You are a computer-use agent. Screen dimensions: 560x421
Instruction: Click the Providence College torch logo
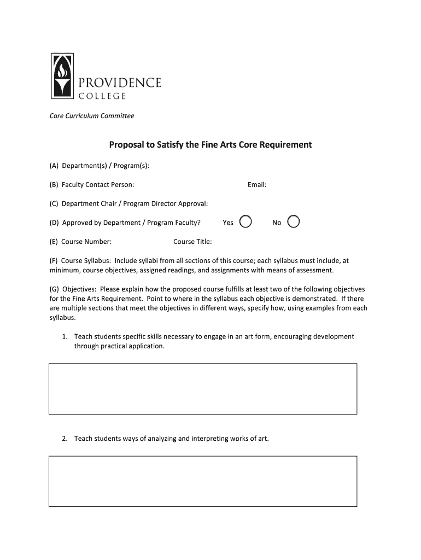click(61, 75)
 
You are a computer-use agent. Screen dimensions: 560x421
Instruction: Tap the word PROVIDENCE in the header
click(120, 83)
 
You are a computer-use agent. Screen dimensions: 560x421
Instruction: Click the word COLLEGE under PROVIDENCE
click(102, 96)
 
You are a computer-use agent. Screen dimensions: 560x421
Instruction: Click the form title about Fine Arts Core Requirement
click(210, 145)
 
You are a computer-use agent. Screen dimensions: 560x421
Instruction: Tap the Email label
click(256, 185)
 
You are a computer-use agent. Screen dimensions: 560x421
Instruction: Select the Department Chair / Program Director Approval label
click(128, 203)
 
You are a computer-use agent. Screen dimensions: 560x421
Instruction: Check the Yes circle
click(246, 221)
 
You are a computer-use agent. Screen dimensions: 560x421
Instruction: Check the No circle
click(294, 221)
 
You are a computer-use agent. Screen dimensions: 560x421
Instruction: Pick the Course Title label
click(192, 242)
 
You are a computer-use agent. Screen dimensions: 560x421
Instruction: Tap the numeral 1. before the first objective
click(65, 337)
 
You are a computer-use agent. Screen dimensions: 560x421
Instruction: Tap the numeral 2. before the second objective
click(65, 439)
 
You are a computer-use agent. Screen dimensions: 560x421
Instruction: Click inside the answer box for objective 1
click(203, 388)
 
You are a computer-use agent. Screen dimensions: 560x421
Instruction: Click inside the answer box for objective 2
click(203, 481)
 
